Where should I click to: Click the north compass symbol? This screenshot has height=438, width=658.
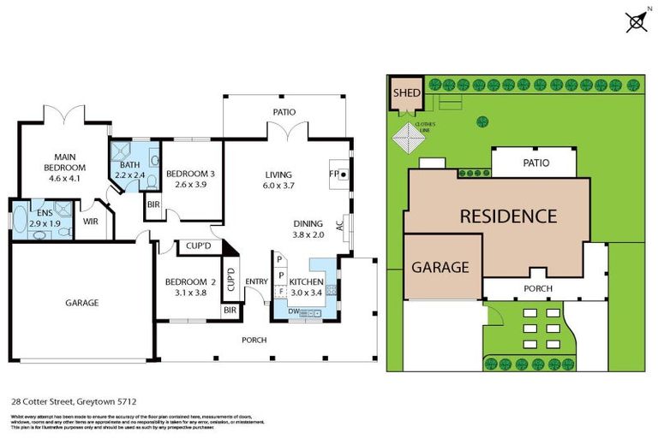click(x=636, y=21)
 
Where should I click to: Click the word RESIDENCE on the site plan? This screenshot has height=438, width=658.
click(x=508, y=216)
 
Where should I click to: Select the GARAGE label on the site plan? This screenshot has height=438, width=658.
click(x=441, y=267)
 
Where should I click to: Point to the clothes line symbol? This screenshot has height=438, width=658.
click(x=404, y=137)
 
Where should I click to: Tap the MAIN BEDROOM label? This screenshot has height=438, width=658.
click(x=65, y=163)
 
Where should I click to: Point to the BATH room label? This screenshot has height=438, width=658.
click(x=129, y=165)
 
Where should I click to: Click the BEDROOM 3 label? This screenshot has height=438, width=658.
click(x=189, y=174)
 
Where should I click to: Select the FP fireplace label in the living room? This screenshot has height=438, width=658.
click(x=334, y=174)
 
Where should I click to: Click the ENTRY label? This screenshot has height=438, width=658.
click(x=254, y=281)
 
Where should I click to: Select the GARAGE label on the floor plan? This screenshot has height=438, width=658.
click(x=82, y=303)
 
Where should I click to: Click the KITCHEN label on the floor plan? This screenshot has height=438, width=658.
click(x=306, y=282)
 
